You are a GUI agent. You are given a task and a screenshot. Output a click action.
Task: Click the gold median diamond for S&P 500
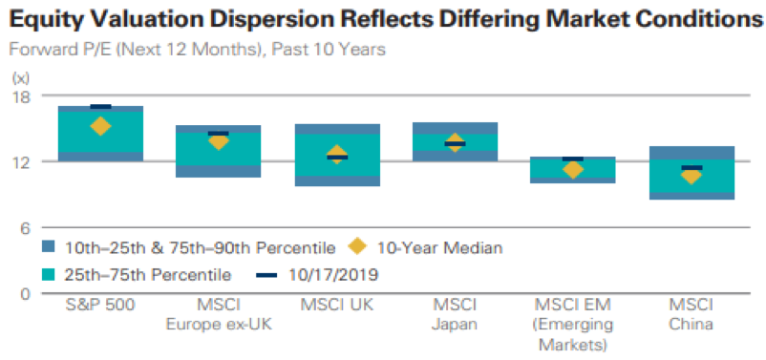click(100, 126)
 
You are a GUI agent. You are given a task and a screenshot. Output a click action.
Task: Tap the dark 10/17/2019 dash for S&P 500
click(100, 107)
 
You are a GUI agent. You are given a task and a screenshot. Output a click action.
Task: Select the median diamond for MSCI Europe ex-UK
click(219, 141)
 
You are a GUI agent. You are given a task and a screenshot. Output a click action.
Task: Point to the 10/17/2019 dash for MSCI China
click(692, 168)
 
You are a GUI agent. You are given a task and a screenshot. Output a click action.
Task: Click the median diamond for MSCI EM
click(573, 170)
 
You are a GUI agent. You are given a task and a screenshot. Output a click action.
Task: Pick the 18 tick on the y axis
click(20, 95)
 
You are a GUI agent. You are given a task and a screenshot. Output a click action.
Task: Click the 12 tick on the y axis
click(20, 161)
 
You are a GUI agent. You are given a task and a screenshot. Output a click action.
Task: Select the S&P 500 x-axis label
click(100, 306)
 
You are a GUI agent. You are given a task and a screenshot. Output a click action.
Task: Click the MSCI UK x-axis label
click(336, 306)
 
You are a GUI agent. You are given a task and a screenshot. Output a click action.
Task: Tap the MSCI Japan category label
click(455, 315)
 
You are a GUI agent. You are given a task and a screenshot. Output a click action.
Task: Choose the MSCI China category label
click(692, 315)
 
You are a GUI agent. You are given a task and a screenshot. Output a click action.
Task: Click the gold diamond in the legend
click(357, 247)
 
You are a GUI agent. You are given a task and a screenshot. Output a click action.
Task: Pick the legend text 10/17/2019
click(333, 275)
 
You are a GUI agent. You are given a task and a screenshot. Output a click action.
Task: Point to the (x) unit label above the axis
click(21, 77)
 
